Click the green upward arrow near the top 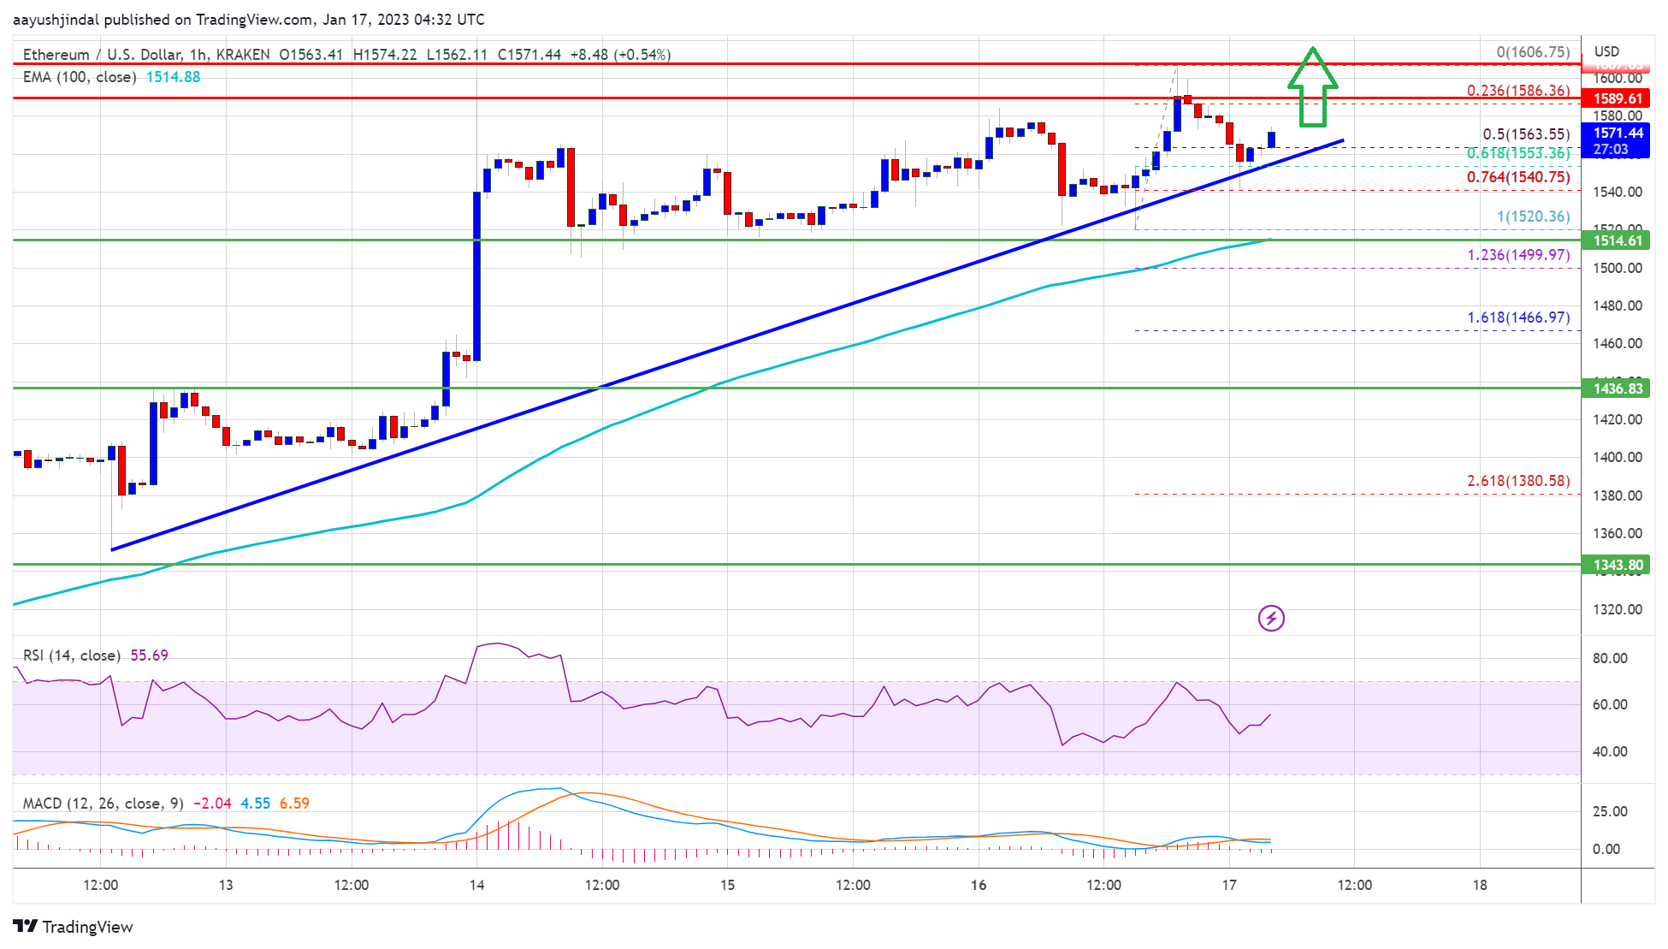tap(1312, 87)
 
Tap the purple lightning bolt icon tap(1271, 618)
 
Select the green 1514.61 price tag tap(1618, 240)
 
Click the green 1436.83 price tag tap(1618, 388)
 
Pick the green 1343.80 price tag tap(1618, 565)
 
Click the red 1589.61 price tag tap(1618, 98)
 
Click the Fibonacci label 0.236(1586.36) tap(1518, 91)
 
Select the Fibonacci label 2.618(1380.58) tap(1518, 481)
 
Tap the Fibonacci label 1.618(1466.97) tap(1518, 317)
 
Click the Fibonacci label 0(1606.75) tap(1533, 52)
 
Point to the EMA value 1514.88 tap(173, 77)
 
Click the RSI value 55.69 tap(149, 655)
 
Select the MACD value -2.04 tap(212, 804)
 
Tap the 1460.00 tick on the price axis tap(1617, 343)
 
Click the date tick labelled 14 tap(476, 885)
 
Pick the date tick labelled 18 tap(1480, 885)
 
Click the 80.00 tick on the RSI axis tap(1609, 658)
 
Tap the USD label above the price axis tap(1606, 51)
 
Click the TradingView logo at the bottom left tap(74, 927)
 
